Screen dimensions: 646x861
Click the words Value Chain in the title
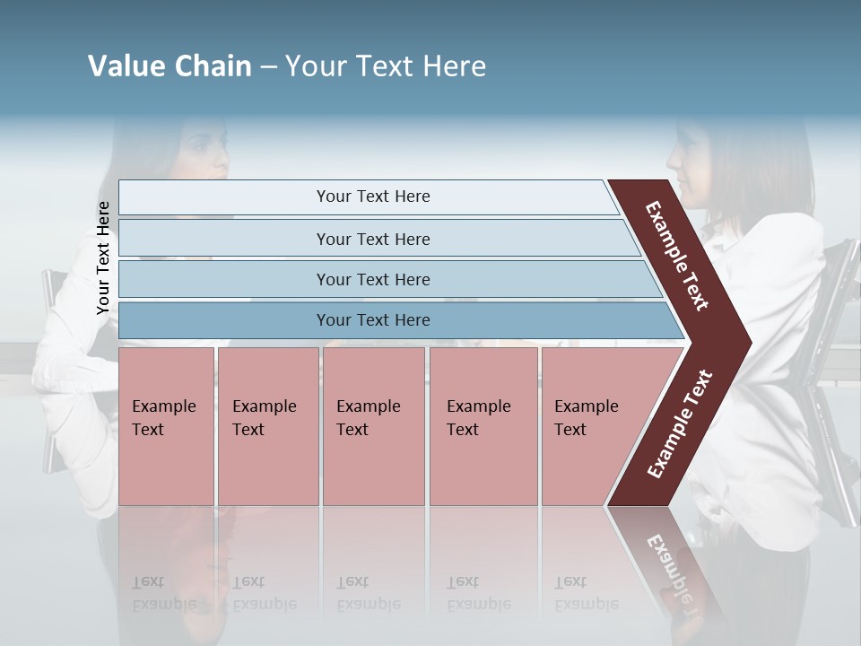(170, 66)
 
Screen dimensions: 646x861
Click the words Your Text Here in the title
(386, 66)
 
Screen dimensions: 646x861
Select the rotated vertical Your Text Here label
(103, 258)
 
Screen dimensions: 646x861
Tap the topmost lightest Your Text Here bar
(372, 196)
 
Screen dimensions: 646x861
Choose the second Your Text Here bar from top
(372, 239)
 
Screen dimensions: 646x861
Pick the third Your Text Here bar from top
(372, 279)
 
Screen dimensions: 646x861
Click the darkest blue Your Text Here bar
(372, 320)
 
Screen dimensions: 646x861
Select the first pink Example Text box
(166, 425)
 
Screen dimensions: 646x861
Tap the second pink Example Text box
(267, 425)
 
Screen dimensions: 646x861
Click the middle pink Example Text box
(373, 425)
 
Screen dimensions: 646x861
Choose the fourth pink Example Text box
(483, 425)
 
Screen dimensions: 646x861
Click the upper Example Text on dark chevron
(677, 255)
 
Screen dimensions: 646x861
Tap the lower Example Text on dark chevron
(680, 423)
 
